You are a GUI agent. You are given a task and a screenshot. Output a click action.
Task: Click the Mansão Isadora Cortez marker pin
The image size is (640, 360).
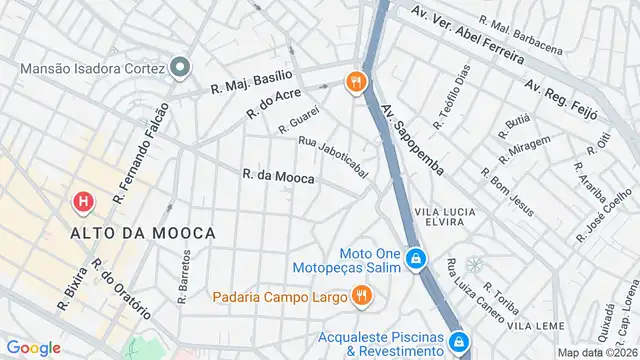180,68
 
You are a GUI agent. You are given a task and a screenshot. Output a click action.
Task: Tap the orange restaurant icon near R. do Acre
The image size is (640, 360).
354,82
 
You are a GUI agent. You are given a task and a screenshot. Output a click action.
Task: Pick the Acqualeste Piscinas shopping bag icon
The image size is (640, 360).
459,342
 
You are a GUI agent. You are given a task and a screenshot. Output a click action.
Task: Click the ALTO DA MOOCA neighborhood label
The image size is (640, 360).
143,233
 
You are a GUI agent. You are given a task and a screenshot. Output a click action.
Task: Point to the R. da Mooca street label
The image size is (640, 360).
279,176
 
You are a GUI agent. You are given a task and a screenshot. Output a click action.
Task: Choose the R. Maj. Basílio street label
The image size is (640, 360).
252,81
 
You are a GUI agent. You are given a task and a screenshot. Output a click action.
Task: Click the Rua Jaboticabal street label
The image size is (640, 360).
333,157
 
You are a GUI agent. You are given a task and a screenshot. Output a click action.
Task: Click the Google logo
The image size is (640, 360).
34,347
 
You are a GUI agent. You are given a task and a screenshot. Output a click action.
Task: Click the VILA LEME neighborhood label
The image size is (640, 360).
531,326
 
